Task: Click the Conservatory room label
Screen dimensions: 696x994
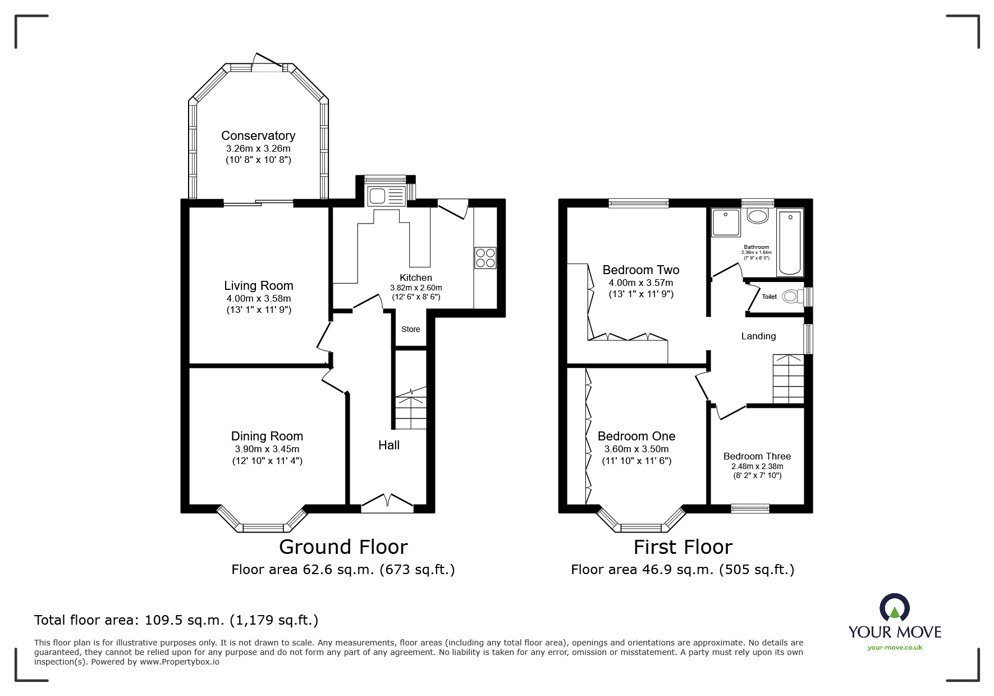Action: [258, 135]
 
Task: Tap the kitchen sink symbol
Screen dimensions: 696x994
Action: [385, 196]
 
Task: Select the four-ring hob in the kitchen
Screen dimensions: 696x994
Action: [485, 257]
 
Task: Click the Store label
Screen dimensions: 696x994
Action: [410, 329]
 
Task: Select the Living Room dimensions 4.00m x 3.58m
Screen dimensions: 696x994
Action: [258, 298]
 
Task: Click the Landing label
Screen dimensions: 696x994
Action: [758, 336]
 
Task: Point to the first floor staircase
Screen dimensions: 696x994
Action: [788, 379]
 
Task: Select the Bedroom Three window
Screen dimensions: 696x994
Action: [750, 508]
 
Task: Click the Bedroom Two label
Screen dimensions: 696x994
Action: [640, 270]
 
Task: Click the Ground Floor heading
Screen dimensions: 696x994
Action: [343, 547]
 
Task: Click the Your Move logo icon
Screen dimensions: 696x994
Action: [894, 608]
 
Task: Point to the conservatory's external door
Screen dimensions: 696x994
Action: [267, 62]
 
